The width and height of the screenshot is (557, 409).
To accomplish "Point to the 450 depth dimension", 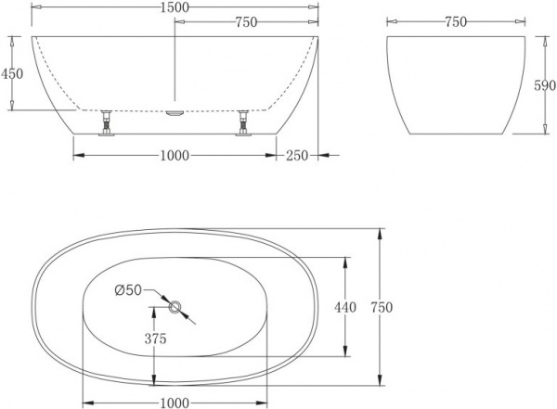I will point(13,73).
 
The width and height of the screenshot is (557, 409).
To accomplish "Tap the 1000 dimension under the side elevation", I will point(175,156).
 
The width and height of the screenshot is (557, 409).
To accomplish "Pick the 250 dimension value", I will point(297,156).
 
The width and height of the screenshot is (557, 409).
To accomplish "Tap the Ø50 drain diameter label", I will point(127,290).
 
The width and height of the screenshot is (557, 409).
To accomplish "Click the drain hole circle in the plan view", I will point(175,306).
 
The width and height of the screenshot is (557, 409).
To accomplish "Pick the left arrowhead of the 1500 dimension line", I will point(37,7).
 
